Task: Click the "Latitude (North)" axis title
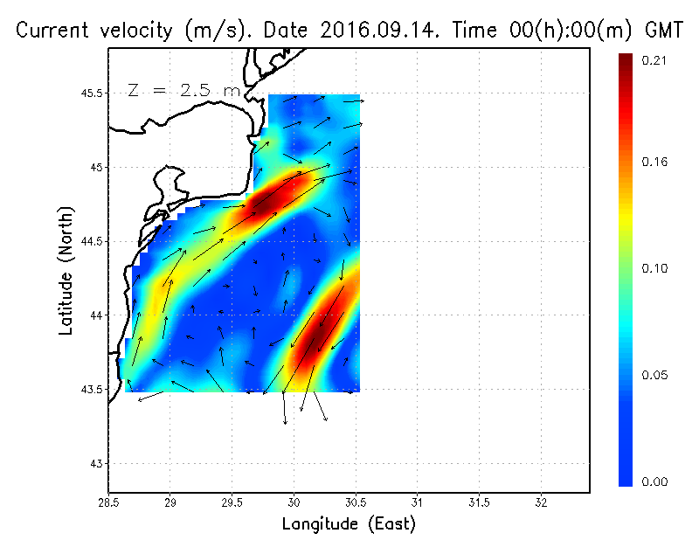[x=66, y=270]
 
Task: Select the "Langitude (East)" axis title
[x=349, y=523]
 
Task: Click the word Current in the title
[x=51, y=31]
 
